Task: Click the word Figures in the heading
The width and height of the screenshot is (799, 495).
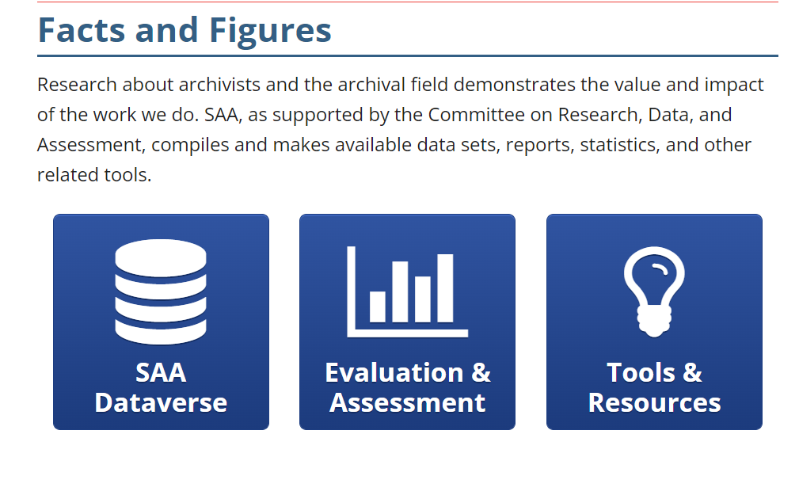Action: [270, 30]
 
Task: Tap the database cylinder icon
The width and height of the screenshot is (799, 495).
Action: [161, 292]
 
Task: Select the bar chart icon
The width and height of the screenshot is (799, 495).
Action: [407, 291]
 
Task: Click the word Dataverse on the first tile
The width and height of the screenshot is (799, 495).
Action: [161, 402]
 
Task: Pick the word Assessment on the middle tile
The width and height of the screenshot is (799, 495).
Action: [407, 402]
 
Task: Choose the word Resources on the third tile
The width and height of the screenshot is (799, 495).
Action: [654, 402]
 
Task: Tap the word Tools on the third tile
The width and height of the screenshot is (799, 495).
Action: [638, 372]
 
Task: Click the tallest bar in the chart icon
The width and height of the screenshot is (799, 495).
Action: [446, 288]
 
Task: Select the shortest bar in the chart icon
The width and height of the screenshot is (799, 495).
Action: [378, 307]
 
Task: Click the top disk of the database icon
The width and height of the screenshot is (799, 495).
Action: [161, 257]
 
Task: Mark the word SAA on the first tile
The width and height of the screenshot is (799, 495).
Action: [161, 372]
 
